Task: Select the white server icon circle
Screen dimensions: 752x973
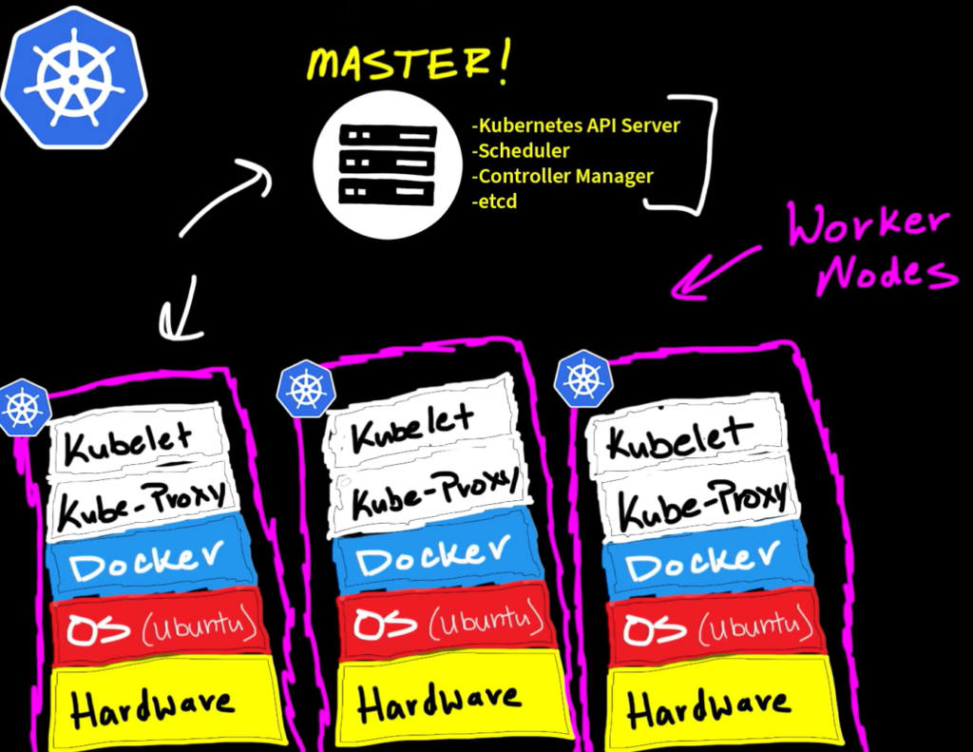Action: click(x=387, y=163)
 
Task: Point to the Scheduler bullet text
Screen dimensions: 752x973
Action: click(x=522, y=150)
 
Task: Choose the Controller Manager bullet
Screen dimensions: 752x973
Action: click(x=563, y=176)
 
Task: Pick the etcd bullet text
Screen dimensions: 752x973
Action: click(x=495, y=202)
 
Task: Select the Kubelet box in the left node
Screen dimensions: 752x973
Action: click(x=138, y=438)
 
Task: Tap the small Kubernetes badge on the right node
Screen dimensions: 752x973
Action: click(x=582, y=378)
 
